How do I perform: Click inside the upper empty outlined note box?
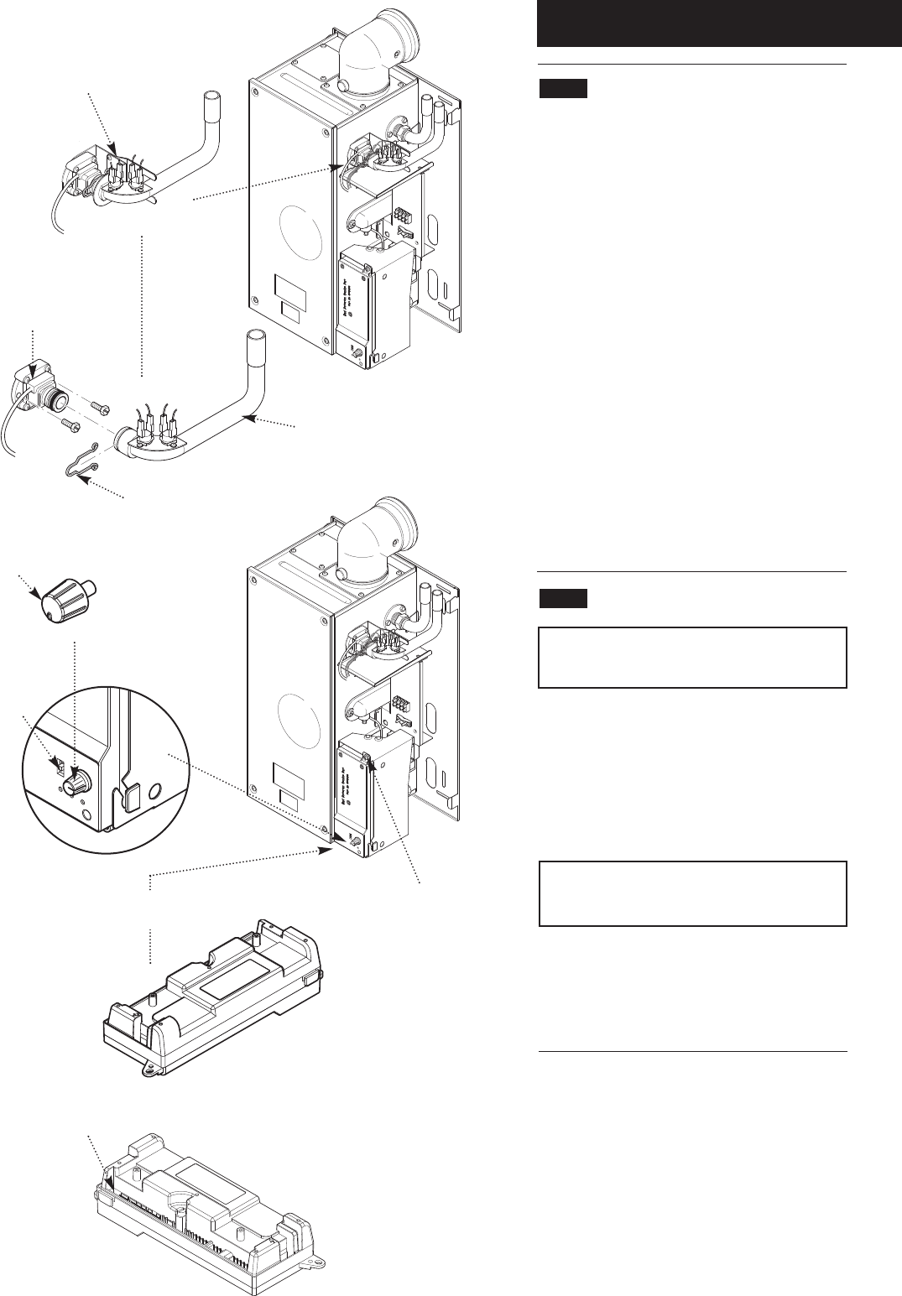[692, 657]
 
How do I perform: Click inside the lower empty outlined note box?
[692, 893]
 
